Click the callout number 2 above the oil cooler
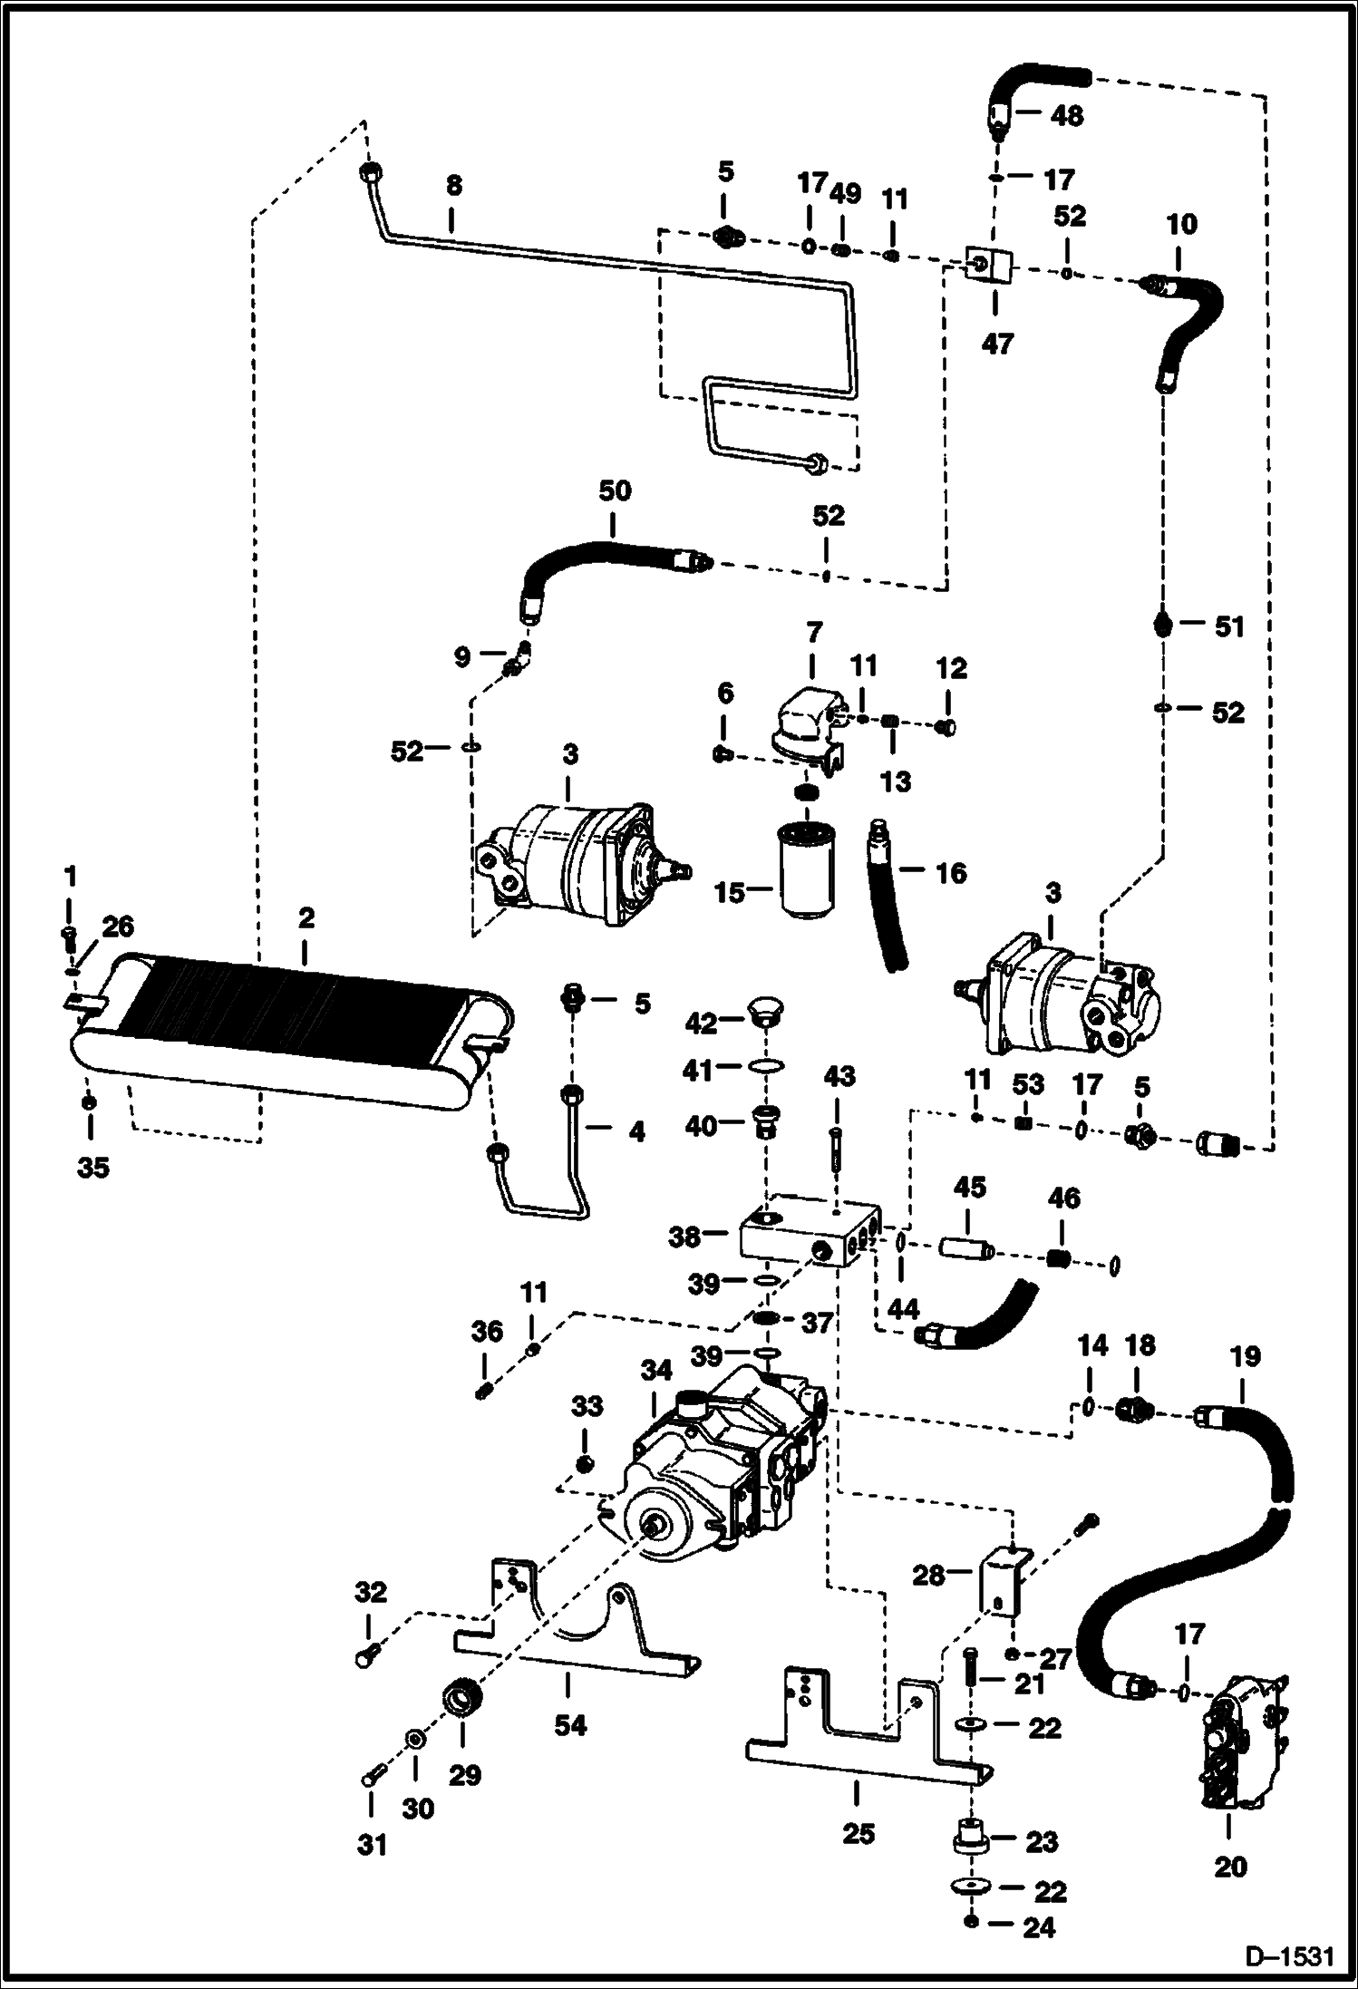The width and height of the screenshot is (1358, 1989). [x=306, y=917]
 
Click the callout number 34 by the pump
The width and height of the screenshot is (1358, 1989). [x=656, y=1371]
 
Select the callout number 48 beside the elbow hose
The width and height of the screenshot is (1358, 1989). [x=1067, y=116]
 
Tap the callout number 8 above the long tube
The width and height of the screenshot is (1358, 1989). [x=453, y=185]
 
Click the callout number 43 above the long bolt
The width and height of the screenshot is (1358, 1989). [x=839, y=1076]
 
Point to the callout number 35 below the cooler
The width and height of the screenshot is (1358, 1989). [x=92, y=1167]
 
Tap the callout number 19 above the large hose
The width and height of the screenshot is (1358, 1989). [x=1245, y=1357]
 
